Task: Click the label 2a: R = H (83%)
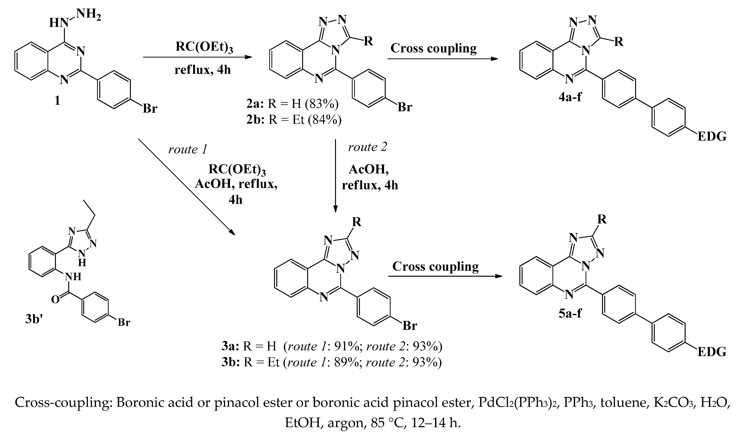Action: pos(292,104)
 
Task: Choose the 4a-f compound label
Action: pos(570,97)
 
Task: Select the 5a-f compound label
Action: pos(570,313)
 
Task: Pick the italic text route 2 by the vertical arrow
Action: pos(367,147)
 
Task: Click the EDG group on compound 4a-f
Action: pos(712,137)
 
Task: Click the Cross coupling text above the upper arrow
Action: pos(434,48)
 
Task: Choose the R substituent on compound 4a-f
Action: pos(618,42)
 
